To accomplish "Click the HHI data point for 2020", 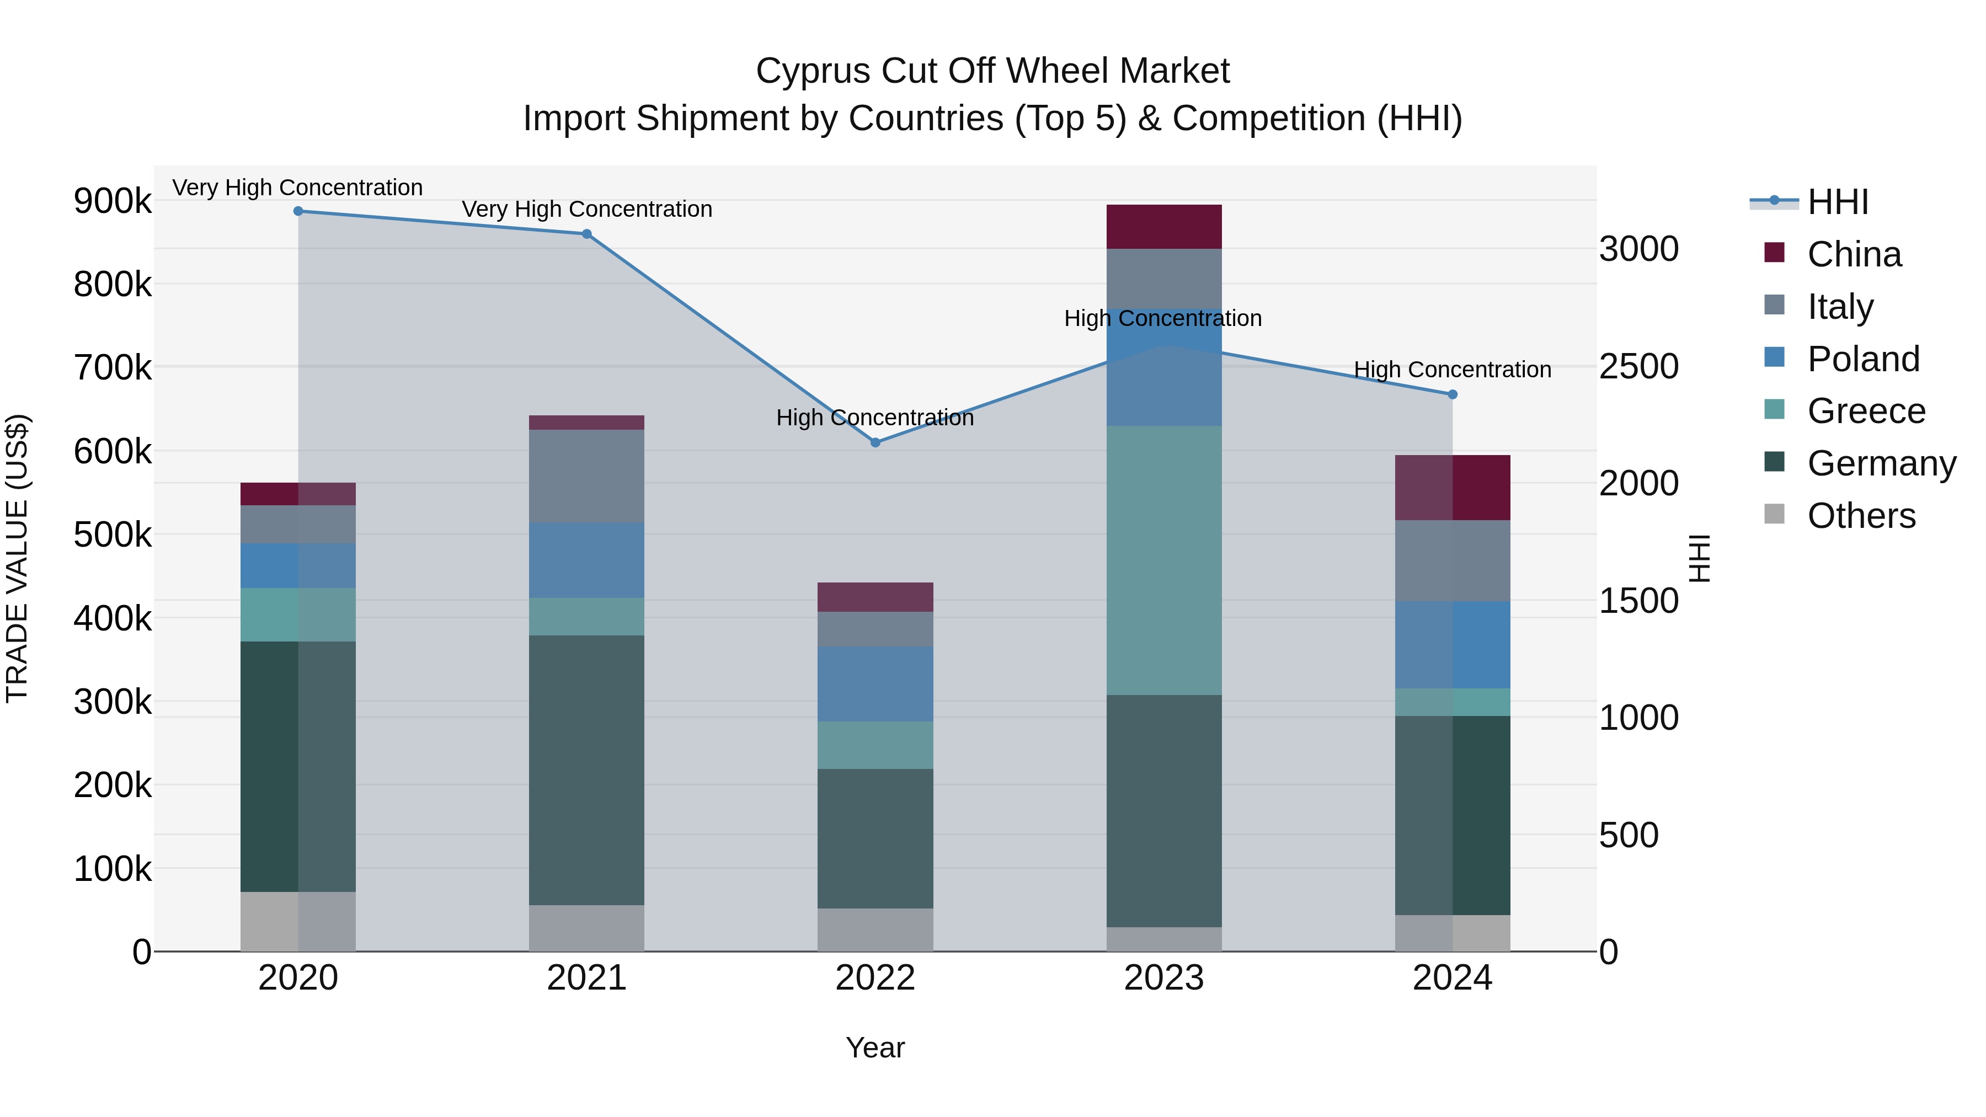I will [298, 211].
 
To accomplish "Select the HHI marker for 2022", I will [875, 442].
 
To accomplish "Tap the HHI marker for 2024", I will [1453, 395].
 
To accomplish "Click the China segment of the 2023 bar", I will [1164, 227].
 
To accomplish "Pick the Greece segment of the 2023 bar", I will [1164, 560].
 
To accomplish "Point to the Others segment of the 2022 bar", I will [875, 929].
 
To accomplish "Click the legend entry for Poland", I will [1862, 359].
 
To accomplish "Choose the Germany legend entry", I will [1881, 463].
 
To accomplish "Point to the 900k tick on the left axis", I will [113, 201].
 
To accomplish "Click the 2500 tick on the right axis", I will [1638, 366].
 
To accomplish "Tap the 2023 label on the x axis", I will [1164, 978].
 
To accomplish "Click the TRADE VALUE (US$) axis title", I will [17, 558].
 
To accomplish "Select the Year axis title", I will [875, 1047].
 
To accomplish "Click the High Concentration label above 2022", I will [875, 418].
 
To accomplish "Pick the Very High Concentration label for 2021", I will [587, 210].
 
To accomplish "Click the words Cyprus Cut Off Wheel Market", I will [992, 71].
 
